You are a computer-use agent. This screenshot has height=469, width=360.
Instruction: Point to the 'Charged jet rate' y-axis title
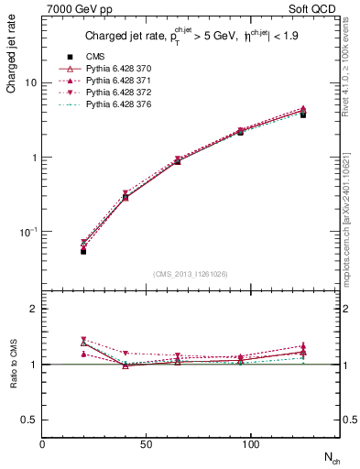pyautogui.click(x=12, y=57)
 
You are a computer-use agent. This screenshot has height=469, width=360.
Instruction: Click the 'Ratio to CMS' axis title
pyautogui.click(x=12, y=366)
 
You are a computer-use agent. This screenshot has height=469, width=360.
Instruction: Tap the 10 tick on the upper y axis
pyautogui.click(x=30, y=82)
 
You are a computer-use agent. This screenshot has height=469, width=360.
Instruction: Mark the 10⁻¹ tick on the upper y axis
pyautogui.click(x=27, y=232)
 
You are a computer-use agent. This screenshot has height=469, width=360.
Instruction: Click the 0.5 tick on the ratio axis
pyautogui.click(x=29, y=420)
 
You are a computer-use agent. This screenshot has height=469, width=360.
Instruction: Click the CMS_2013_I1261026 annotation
pyautogui.click(x=191, y=273)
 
